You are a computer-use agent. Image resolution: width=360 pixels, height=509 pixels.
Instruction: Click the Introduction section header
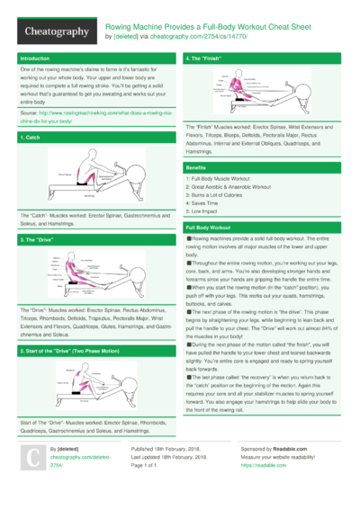click(35, 58)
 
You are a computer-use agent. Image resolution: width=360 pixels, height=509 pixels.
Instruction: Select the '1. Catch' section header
click(29, 137)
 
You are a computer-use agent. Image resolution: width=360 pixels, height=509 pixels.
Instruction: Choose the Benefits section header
click(195, 168)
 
